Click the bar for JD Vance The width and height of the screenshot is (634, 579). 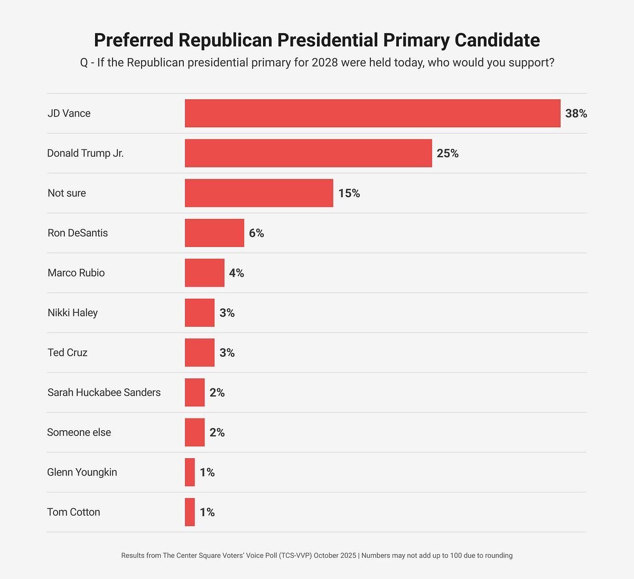[x=372, y=113]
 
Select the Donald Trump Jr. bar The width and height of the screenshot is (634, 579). [x=308, y=153]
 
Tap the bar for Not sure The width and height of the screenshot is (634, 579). [x=259, y=193]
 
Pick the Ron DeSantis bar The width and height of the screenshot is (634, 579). [x=215, y=233]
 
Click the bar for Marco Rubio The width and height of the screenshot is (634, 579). [x=204, y=273]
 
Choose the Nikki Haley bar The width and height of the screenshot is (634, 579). [x=200, y=312]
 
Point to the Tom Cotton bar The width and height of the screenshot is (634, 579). [x=190, y=512]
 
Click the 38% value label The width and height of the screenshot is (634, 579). [x=576, y=113]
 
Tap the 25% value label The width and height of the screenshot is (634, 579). [x=447, y=154]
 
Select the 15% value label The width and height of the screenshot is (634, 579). [x=349, y=193]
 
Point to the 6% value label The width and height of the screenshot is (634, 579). [x=256, y=233]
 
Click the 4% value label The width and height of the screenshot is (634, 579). [x=236, y=273]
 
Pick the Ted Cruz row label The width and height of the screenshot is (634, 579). [x=67, y=353]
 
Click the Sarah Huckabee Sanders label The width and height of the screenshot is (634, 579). [x=104, y=392]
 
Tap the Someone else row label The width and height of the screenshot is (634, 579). [x=79, y=432]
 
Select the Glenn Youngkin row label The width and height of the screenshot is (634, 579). [x=82, y=472]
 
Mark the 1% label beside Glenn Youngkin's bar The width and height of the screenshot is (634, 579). [x=207, y=472]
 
